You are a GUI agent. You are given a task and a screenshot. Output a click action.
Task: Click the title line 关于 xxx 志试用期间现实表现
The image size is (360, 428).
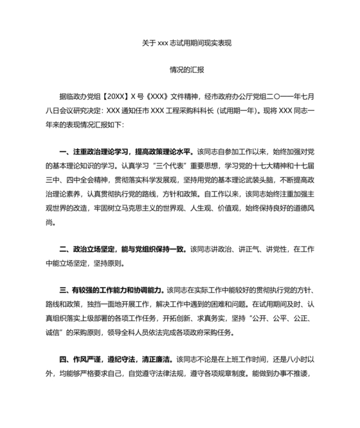(x=186, y=44)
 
